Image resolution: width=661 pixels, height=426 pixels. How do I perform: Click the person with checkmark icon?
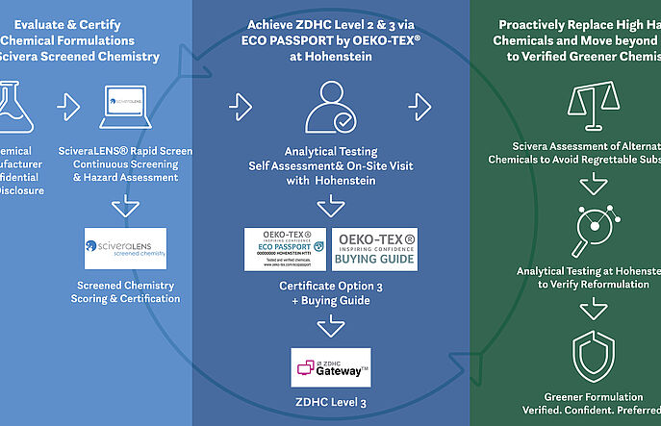tap(331, 105)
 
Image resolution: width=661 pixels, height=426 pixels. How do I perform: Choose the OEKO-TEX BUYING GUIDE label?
tap(375, 249)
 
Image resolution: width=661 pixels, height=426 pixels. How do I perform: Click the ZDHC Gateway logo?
tap(330, 368)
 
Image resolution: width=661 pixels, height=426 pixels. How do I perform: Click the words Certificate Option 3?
tap(331, 285)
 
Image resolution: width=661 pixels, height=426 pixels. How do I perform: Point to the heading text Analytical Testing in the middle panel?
tap(331, 151)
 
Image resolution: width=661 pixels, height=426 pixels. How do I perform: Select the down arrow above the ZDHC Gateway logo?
tap(331, 326)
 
